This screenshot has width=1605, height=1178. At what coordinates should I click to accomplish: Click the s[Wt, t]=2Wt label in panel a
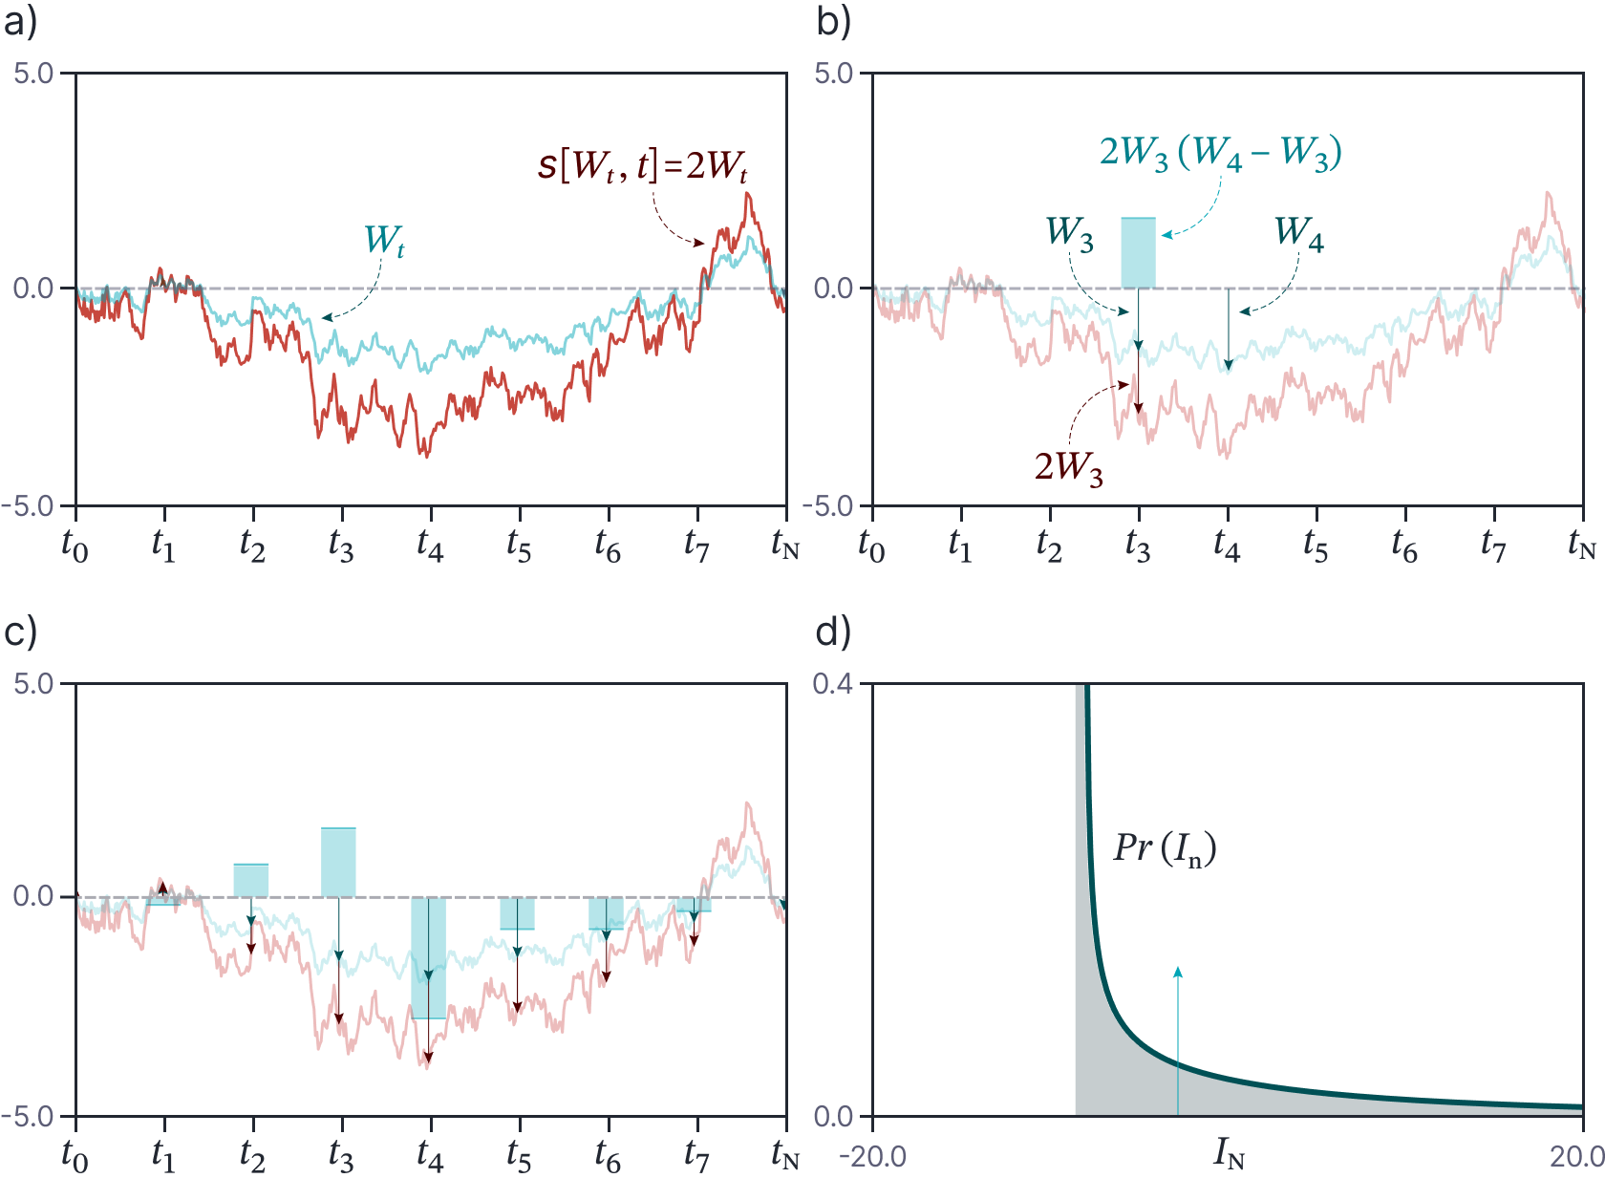pyautogui.click(x=642, y=165)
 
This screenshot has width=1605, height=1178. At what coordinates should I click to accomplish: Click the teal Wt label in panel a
pyautogui.click(x=384, y=240)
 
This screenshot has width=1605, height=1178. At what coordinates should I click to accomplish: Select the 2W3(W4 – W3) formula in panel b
pyautogui.click(x=1220, y=153)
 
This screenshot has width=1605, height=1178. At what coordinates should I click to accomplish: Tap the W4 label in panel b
pyautogui.click(x=1298, y=232)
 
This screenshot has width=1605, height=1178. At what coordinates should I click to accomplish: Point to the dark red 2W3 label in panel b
pyautogui.click(x=1068, y=467)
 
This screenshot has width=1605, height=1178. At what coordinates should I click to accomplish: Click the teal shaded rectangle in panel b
pyautogui.click(x=1138, y=253)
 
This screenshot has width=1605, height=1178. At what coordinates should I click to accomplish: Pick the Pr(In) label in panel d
pyautogui.click(x=1165, y=848)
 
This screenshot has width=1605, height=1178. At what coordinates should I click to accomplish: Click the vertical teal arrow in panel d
pyautogui.click(x=1178, y=1041)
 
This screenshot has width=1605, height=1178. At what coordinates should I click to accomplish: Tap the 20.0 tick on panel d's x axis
pyautogui.click(x=1576, y=1157)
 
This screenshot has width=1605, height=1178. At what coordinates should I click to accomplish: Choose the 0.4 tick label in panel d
pyautogui.click(x=833, y=684)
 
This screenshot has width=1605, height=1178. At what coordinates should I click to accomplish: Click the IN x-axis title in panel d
pyautogui.click(x=1229, y=1155)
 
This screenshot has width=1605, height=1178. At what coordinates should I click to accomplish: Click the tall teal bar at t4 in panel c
pyautogui.click(x=429, y=957)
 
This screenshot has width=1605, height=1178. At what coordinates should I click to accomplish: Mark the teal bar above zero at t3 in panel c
pyautogui.click(x=338, y=862)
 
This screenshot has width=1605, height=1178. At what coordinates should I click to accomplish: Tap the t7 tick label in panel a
pyautogui.click(x=696, y=546)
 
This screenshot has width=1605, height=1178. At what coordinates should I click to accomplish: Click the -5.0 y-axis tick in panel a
pyautogui.click(x=31, y=506)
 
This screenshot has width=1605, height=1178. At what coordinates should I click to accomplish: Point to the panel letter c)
pyautogui.click(x=20, y=632)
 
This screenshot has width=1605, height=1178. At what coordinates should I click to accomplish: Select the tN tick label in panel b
pyautogui.click(x=1581, y=546)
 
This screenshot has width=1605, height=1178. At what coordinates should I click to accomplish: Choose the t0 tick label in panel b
pyautogui.click(x=871, y=546)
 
